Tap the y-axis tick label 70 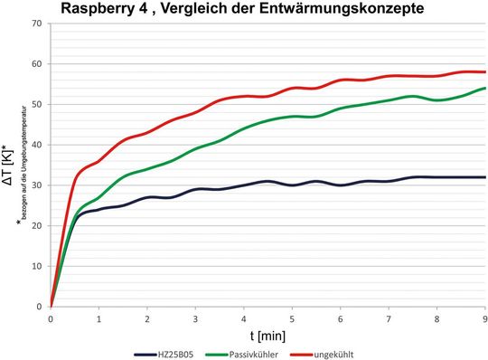37,23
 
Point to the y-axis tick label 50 37,104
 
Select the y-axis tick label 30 37,185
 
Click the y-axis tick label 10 37,266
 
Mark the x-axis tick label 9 485,318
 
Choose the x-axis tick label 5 292,318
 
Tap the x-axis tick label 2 147,318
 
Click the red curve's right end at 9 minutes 485,71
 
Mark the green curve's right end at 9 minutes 485,88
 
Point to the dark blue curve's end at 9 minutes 485,177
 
